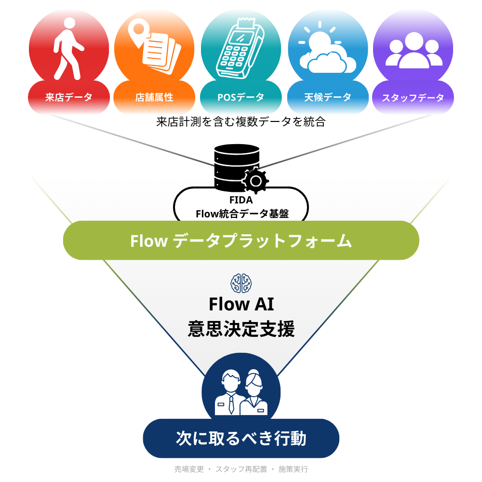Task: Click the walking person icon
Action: [x=67, y=48]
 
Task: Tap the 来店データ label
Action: [x=68, y=97]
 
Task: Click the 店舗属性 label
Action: [x=154, y=97]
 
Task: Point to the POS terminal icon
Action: [x=240, y=48]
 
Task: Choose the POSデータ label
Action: [x=241, y=97]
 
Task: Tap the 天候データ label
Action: [x=328, y=97]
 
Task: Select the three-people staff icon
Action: [x=414, y=50]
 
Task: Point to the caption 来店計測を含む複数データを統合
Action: [x=241, y=122]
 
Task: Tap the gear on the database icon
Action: [x=255, y=181]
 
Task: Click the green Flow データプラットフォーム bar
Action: [x=241, y=241]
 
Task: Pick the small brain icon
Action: [x=241, y=283]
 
